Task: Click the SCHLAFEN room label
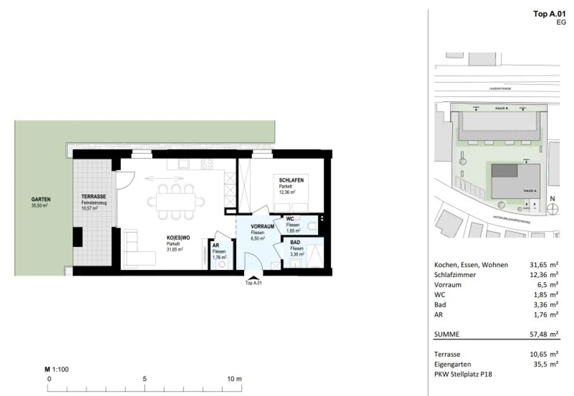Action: (291, 180)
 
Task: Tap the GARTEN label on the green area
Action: (41, 199)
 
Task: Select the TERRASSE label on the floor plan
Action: (93, 197)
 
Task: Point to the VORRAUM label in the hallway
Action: (262, 226)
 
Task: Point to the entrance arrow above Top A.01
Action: (253, 277)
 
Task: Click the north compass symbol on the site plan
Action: (552, 209)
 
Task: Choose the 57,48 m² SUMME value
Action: (544, 334)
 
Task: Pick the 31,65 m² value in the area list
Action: (544, 265)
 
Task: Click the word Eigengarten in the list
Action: (453, 364)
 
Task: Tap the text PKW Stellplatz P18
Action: (463, 374)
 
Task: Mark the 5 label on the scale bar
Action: (145, 379)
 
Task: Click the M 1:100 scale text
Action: (57, 369)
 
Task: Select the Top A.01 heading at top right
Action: (549, 14)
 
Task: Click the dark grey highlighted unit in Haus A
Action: (504, 170)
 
